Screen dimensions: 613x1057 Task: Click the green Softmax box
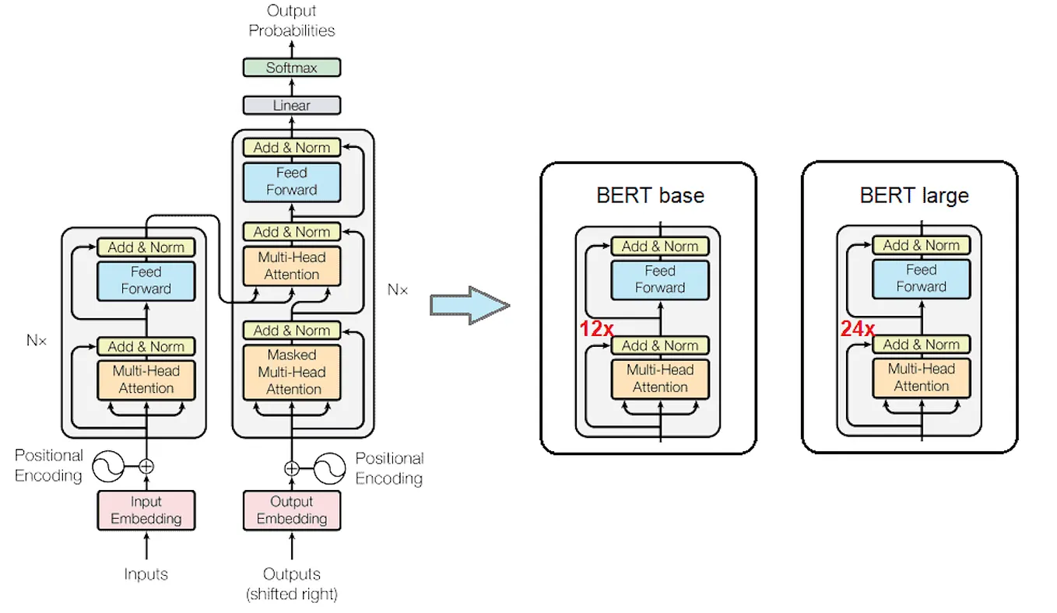[292, 68]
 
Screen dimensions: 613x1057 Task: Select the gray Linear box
[292, 105]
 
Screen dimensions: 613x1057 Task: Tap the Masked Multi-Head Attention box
[292, 372]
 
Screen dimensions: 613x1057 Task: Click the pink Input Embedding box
[146, 510]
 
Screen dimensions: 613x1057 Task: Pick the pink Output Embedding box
[292, 510]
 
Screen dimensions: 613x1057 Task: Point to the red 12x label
[595, 329]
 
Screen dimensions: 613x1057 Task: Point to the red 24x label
[857, 329]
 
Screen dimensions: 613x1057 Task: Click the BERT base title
[650, 195]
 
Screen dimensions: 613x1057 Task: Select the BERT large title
[914, 194]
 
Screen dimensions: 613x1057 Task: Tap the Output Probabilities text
[292, 21]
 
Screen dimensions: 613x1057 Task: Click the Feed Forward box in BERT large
[921, 278]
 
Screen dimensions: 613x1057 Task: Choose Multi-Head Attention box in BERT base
[660, 378]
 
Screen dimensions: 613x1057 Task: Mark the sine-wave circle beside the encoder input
[108, 467]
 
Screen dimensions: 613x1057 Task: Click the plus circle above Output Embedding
[292, 468]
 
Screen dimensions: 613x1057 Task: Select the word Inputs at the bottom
[146, 574]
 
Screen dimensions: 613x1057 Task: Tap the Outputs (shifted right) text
[292, 583]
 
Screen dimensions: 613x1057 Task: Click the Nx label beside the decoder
[397, 289]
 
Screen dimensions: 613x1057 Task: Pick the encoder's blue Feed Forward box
[146, 280]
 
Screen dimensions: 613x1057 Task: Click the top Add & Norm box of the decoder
[292, 147]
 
